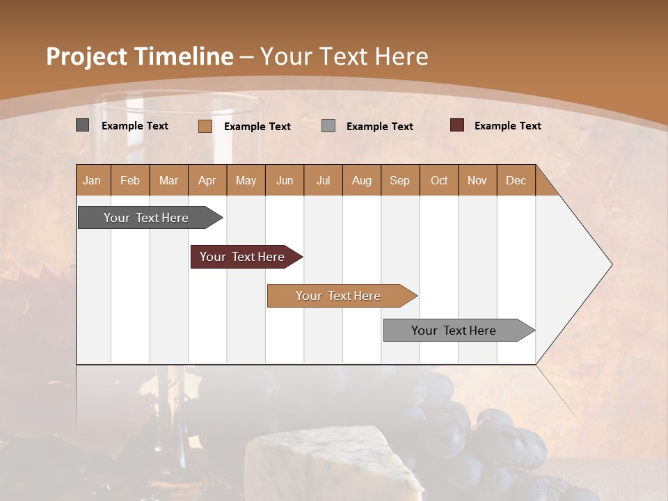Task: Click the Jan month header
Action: point(92,180)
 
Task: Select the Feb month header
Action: point(130,180)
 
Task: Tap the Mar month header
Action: point(168,180)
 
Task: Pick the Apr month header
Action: point(207,180)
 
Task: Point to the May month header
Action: point(246,180)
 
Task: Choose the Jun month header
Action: point(285,180)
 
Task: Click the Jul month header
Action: point(323,180)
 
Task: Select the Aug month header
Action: point(361,180)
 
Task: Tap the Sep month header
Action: point(399,180)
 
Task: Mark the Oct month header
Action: point(439,180)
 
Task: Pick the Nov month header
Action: point(477,180)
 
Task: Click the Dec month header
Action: point(516,180)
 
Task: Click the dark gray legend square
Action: point(83,125)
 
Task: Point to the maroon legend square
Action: point(456,125)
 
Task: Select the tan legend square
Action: point(205,126)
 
